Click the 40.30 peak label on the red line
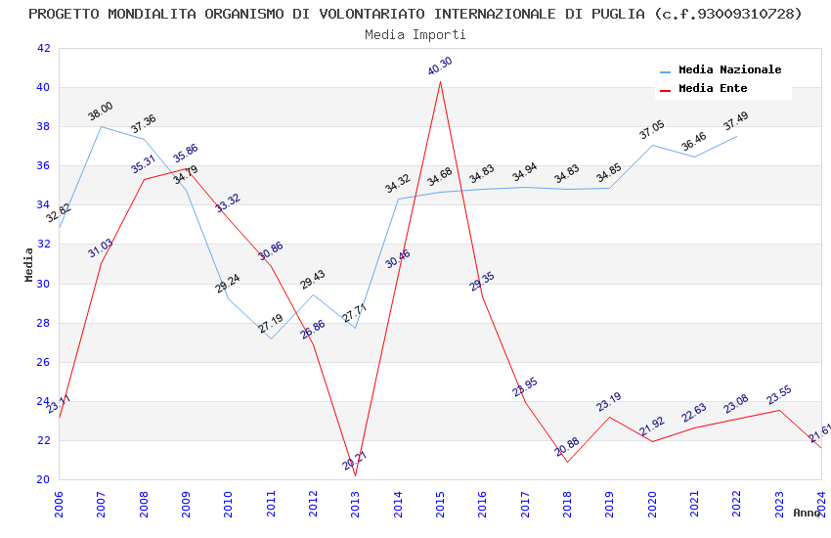440,67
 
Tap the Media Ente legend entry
713,89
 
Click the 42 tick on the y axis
43,48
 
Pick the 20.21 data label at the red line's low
355,461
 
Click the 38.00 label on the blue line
101,112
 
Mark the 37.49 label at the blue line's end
735,121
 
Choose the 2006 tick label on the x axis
59,503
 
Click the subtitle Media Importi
415,34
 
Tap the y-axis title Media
29,264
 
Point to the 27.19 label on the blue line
271,324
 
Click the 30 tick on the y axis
43,284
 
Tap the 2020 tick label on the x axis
652,503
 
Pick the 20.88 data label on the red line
567,447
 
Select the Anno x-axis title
808,513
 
